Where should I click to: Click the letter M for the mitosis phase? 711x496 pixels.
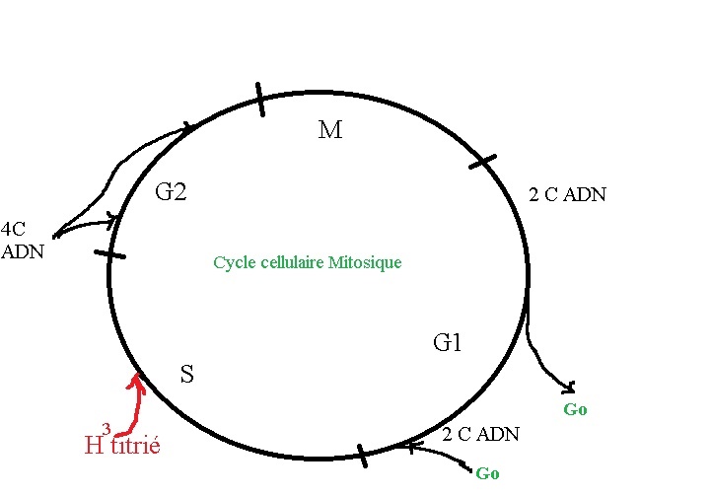330,130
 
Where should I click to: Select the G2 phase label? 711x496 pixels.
171,192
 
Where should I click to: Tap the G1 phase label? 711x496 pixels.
448,343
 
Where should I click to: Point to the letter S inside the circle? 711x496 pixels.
186,374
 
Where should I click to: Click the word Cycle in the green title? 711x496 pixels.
232,264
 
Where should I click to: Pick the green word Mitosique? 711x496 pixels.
367,264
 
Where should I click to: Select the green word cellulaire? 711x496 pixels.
293,264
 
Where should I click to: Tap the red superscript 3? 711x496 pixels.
106,428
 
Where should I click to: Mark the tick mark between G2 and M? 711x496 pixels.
260,100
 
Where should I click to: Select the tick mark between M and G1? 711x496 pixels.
482,161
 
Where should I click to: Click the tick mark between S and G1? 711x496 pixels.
362,456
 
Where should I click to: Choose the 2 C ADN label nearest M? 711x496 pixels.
567,195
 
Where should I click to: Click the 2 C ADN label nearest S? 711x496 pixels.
480,435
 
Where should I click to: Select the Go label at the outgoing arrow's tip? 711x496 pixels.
575,409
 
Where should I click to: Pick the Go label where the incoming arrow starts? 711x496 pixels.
487,473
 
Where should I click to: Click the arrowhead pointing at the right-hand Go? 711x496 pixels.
569,385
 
